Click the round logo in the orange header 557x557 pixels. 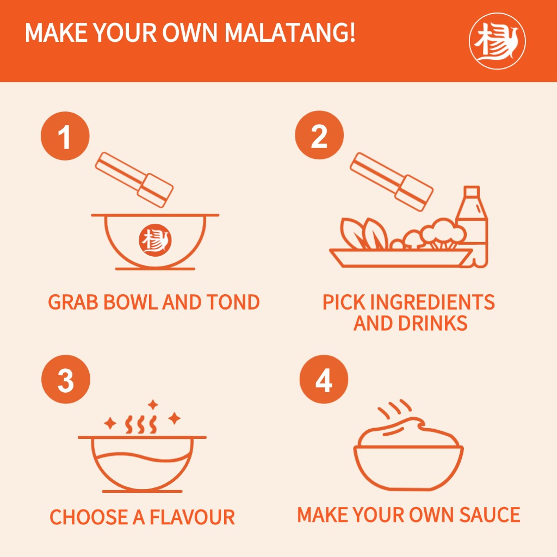tap(497, 41)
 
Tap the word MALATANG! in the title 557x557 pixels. tap(290, 33)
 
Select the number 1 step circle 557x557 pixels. tap(65, 136)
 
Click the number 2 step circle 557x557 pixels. tap(319, 135)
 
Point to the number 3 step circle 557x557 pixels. tap(66, 379)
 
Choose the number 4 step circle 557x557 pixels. tap(324, 379)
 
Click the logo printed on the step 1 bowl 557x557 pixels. tap(155, 240)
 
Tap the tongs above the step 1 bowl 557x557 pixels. tap(134, 180)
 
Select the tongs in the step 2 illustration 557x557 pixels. tap(392, 182)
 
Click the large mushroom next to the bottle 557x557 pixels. tap(443, 233)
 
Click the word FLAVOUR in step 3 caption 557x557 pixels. tap(192, 517)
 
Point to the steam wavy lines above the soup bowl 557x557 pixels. tap(141, 424)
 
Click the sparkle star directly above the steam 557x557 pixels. tap(153, 405)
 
